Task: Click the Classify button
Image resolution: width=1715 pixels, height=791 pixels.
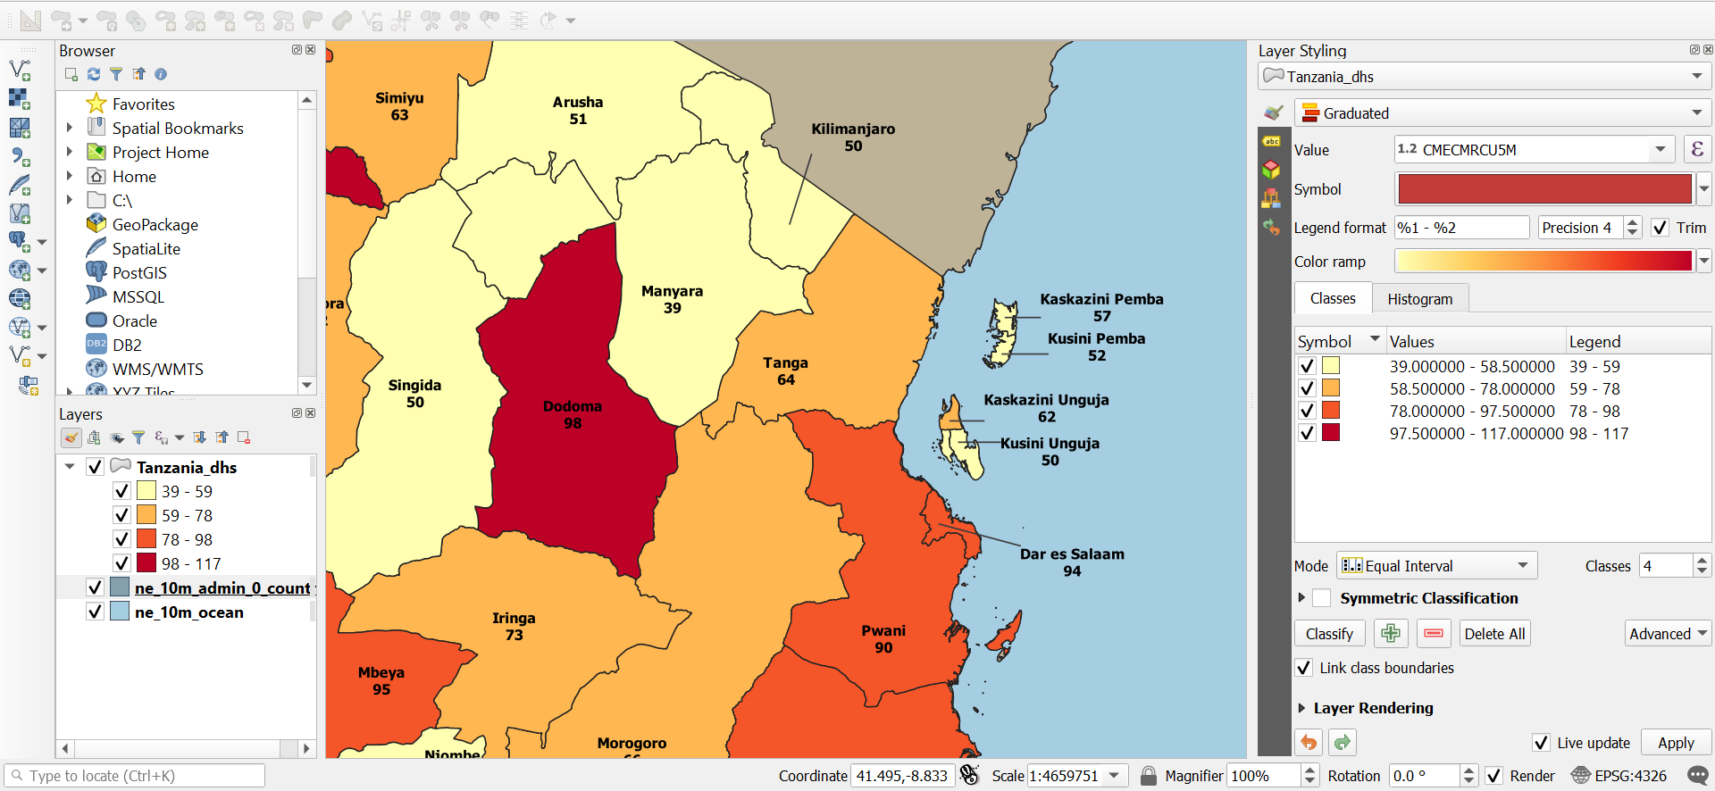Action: pyautogui.click(x=1329, y=634)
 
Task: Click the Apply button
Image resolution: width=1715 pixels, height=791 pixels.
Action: pyautogui.click(x=1676, y=743)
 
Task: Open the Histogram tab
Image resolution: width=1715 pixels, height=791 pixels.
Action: pyautogui.click(x=1419, y=299)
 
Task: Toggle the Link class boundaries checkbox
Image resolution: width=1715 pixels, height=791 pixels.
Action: pyautogui.click(x=1305, y=668)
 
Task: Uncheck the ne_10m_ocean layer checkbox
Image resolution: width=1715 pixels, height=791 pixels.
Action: pyautogui.click(x=95, y=612)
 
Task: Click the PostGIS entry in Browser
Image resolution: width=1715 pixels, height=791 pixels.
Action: pyautogui.click(x=139, y=273)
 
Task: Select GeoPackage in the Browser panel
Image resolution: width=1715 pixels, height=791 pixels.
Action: pyautogui.click(x=155, y=225)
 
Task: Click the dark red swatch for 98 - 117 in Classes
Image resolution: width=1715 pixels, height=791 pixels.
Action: pyautogui.click(x=1331, y=433)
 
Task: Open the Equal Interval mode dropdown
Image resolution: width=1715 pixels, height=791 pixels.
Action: pyautogui.click(x=1436, y=566)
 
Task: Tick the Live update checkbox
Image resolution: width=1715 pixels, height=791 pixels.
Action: pyautogui.click(x=1541, y=743)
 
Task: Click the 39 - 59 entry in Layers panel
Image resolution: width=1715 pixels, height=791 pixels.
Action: pyautogui.click(x=187, y=492)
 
